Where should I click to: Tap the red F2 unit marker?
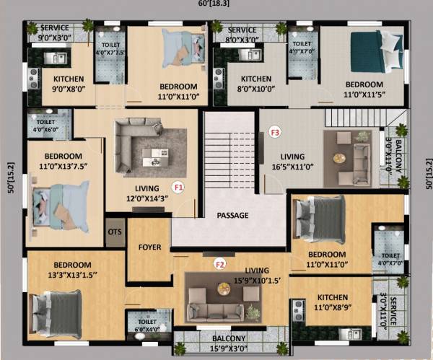point(220,264)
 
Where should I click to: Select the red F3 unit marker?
point(274,132)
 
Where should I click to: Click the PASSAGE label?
point(232,215)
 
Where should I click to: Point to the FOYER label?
point(149,247)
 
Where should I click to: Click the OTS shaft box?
point(114,232)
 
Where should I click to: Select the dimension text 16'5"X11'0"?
point(293,167)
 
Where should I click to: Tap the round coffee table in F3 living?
point(338,159)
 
